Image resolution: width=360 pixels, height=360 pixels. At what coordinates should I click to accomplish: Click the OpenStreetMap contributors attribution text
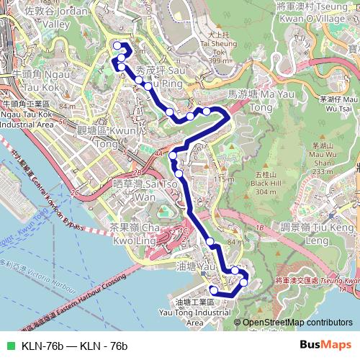[x=297, y=323]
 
